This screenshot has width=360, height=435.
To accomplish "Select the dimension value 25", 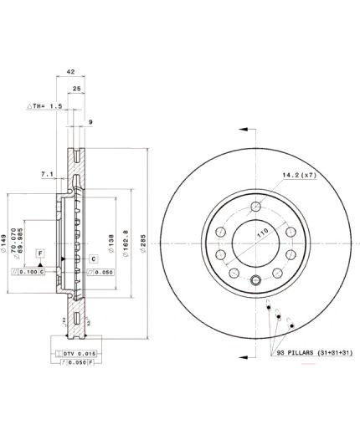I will coord(76,88).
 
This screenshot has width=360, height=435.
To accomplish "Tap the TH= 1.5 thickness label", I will coord(45,106).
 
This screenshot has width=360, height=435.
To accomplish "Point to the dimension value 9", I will coord(90,122).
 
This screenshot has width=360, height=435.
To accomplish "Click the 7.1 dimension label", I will coord(47,174).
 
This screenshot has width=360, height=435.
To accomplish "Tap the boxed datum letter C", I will coord(94,259).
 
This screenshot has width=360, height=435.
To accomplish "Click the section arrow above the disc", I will coord(246,129).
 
